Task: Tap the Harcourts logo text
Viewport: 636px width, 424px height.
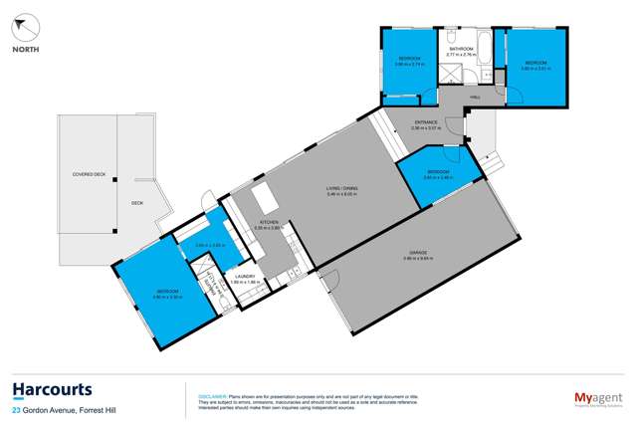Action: pyautogui.click(x=52, y=389)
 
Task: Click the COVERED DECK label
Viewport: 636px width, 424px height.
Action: pyautogui.click(x=89, y=174)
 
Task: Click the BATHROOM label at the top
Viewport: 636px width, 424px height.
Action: pyautogui.click(x=460, y=48)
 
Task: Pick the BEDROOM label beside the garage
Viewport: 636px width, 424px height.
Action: pyautogui.click(x=438, y=172)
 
